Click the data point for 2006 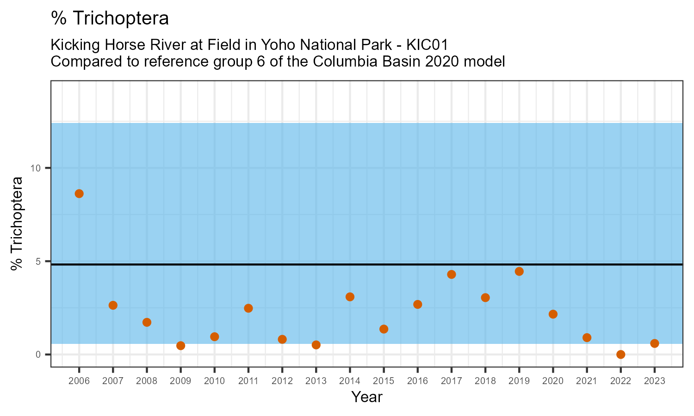[79, 194]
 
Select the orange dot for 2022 [620, 355]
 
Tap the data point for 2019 [519, 271]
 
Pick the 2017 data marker [452, 275]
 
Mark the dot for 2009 [180, 346]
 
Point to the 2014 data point [350, 297]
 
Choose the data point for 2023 [654, 343]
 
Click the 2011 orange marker [248, 308]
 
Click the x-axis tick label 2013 [316, 381]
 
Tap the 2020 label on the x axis [553, 381]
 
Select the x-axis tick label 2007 [113, 381]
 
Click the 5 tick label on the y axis [39, 261]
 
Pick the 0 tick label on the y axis [39, 355]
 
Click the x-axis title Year [366, 397]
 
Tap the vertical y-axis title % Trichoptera [17, 224]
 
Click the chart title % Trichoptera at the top [110, 18]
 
